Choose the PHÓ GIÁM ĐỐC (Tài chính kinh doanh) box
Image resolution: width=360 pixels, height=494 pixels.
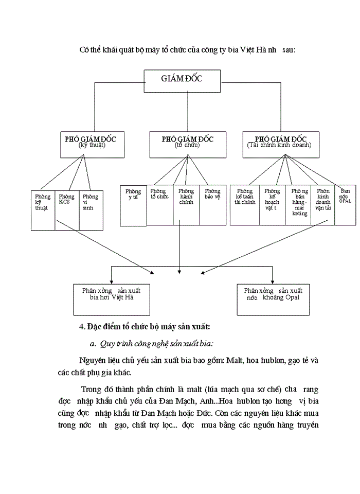point(280,145)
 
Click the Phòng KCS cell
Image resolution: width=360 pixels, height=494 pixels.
point(66,210)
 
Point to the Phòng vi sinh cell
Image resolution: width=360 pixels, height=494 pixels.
point(91,210)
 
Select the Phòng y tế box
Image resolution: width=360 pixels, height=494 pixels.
point(133,205)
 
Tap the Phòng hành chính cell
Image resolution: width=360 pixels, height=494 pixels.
point(186,204)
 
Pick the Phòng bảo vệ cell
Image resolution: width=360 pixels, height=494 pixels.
point(212,204)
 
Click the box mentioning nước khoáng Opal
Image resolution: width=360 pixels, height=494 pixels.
point(273,298)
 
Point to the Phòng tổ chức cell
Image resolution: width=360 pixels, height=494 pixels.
point(159,204)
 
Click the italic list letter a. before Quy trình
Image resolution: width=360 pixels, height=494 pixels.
point(92,344)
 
